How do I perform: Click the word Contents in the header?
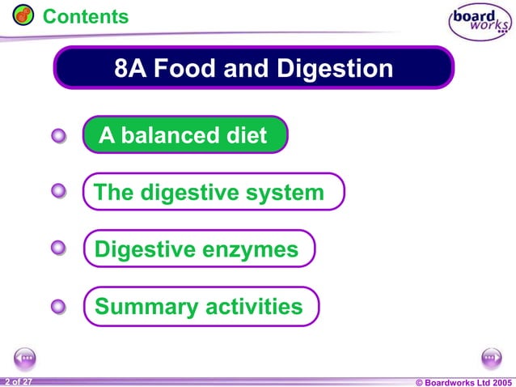(x=85, y=16)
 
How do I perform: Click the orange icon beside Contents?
(x=23, y=15)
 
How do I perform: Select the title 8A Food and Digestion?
(x=254, y=68)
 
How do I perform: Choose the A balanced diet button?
(x=185, y=135)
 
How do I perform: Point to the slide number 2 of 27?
(x=18, y=381)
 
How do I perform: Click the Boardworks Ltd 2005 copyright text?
(x=463, y=381)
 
